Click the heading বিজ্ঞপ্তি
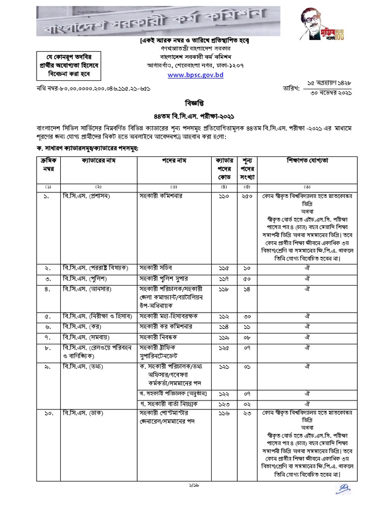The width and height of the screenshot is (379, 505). point(190,105)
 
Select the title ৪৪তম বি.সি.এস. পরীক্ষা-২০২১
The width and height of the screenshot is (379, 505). point(190,115)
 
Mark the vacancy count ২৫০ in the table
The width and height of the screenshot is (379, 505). point(247,196)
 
